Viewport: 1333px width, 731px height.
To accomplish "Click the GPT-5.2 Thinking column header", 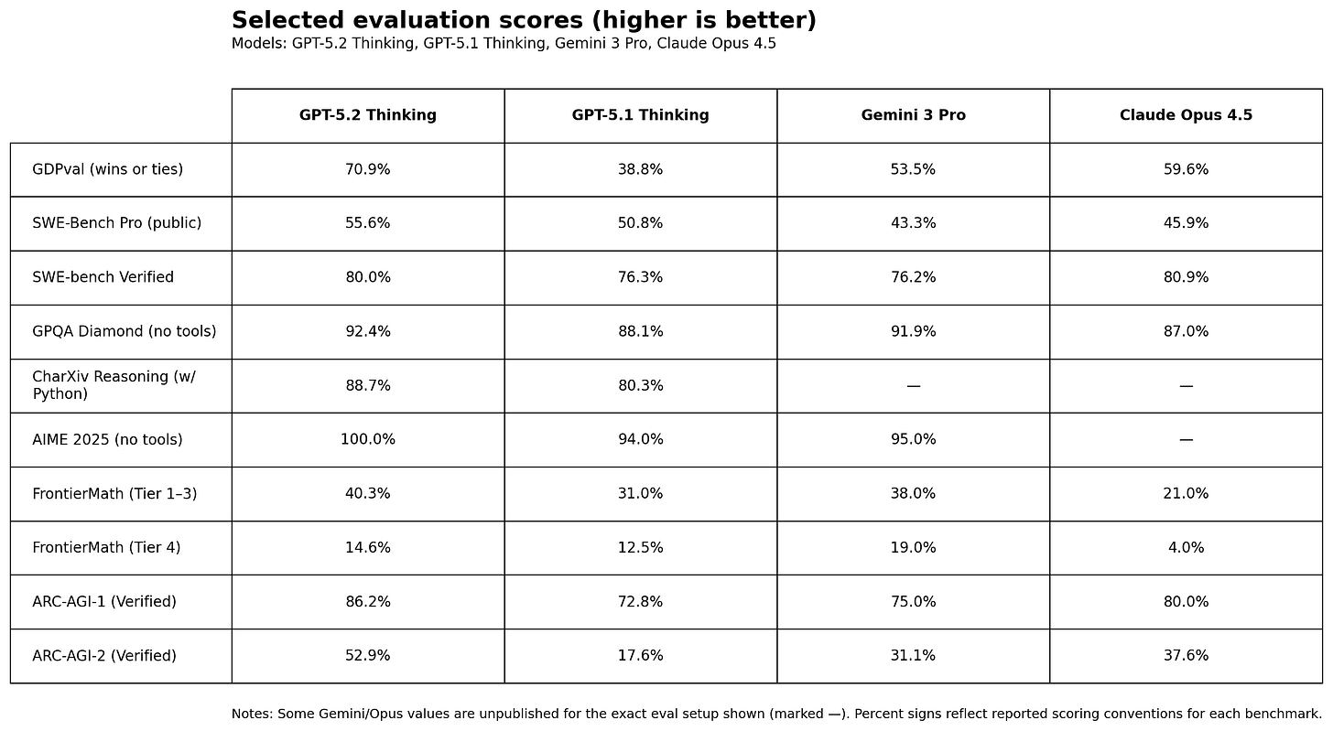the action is click(368, 115).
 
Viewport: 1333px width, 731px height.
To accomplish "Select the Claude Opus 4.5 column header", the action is click(1186, 115).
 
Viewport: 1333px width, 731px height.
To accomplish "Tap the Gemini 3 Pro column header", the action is click(913, 115).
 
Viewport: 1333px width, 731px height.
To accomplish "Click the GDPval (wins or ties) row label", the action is click(108, 169).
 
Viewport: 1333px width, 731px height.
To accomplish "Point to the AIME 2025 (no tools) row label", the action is click(107, 439).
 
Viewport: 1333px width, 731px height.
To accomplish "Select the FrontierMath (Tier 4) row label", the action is click(106, 547).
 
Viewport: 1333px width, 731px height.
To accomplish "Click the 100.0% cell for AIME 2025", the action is click(368, 439).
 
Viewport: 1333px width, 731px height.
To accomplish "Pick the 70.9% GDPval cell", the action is click(368, 169).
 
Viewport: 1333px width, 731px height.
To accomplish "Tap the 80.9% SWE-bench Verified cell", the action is click(1186, 277).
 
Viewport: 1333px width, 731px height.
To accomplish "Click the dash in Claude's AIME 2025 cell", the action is click(1186, 440).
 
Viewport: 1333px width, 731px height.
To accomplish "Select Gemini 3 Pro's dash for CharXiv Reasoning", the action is click(913, 386).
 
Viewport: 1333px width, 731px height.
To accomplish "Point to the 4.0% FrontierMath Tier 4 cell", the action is click(1186, 547).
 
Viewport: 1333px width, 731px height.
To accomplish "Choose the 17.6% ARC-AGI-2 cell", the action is click(640, 655).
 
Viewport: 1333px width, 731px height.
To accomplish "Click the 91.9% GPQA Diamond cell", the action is click(913, 331).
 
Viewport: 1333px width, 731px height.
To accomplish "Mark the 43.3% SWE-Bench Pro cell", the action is click(913, 223).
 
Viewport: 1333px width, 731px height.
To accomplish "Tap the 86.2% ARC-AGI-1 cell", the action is click(368, 601).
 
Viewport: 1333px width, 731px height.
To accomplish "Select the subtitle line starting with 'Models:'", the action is click(504, 43).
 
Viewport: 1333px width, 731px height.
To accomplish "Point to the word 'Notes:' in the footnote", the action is click(252, 714).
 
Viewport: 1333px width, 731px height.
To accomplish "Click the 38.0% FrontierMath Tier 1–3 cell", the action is click(913, 494).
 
